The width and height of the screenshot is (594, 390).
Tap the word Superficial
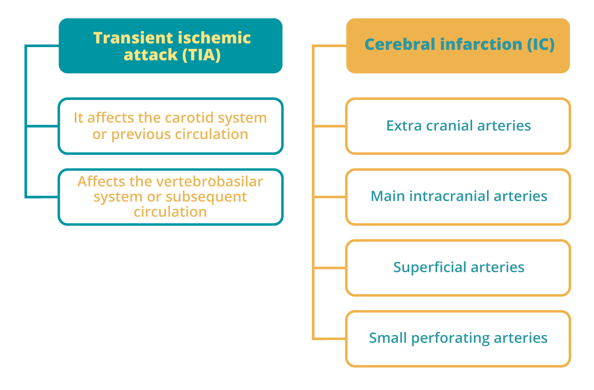[430, 267]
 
